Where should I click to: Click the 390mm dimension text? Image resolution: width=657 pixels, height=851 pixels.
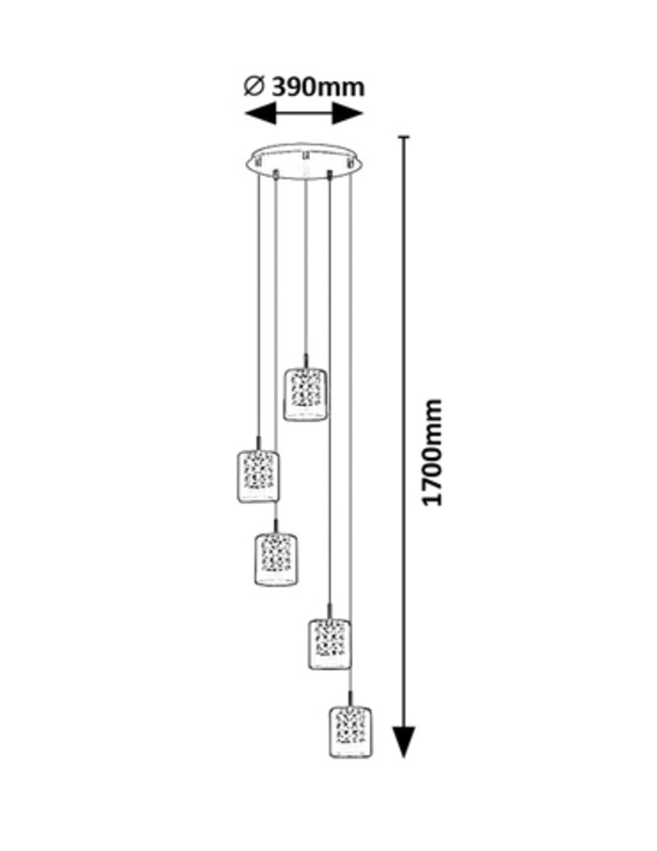tap(317, 86)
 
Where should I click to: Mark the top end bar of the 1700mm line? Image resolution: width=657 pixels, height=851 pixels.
tap(404, 138)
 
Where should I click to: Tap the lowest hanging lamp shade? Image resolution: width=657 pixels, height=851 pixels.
tap(351, 732)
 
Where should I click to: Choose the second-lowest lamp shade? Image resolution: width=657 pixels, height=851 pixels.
tap(329, 644)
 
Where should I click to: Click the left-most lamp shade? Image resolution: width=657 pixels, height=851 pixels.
tap(258, 476)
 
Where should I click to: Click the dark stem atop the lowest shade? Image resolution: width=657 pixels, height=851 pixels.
tap(350, 697)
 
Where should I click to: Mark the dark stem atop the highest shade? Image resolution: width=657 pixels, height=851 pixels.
tap(305, 359)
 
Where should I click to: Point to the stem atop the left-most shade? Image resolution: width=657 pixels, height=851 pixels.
tap(258, 442)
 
